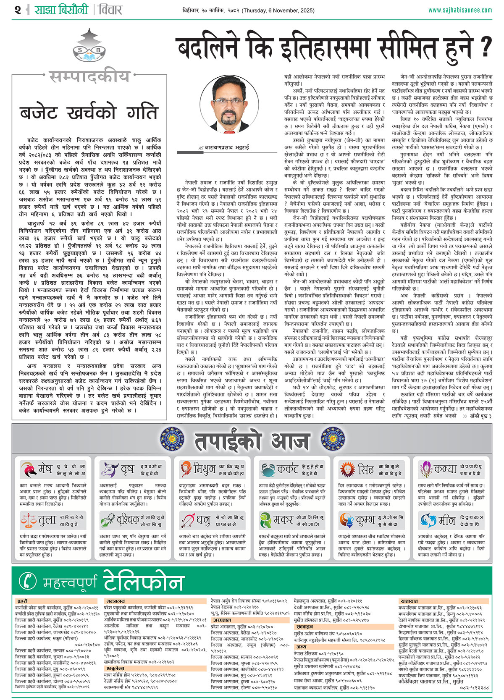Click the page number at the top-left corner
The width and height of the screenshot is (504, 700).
(18, 10)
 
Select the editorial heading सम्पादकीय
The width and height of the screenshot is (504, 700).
(89, 77)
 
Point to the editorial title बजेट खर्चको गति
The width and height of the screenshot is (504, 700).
(89, 113)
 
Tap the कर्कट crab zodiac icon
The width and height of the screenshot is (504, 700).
(267, 469)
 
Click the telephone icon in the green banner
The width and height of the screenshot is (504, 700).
(28, 581)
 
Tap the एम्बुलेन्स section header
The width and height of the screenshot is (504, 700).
(115, 668)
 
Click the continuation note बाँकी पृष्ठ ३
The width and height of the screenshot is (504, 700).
(479, 416)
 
